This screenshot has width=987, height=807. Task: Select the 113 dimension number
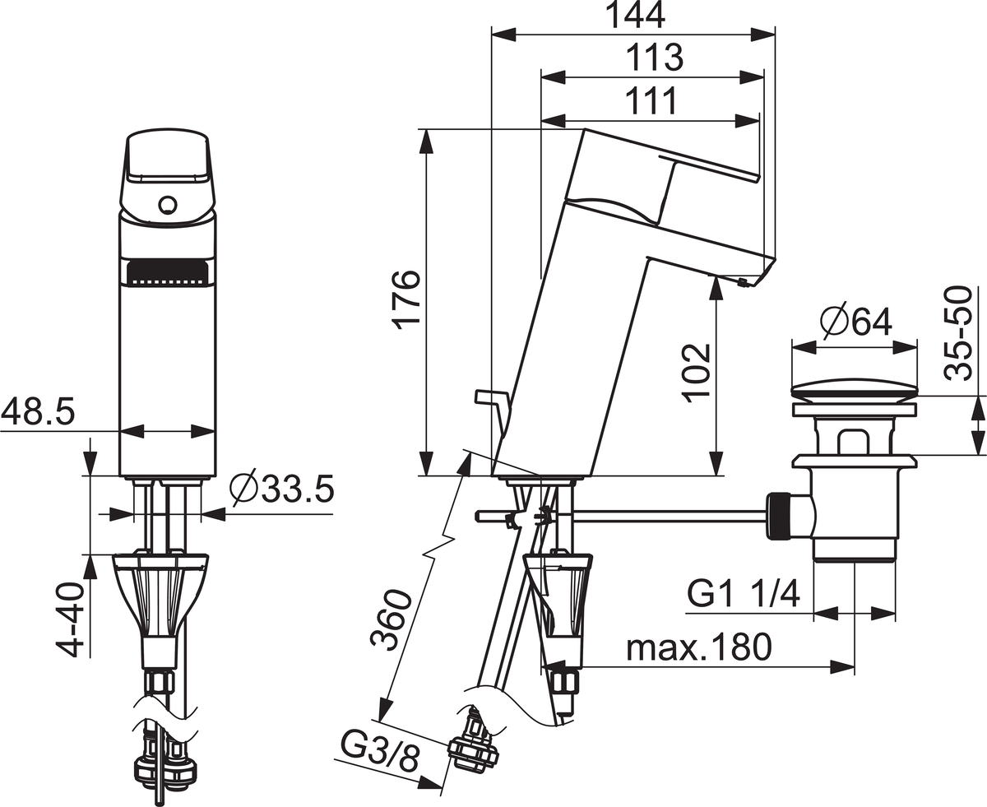654,58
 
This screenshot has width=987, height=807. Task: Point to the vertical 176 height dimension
406,299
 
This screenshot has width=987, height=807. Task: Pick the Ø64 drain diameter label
856,322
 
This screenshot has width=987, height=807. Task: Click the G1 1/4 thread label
744,594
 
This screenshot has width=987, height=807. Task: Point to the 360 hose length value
392,620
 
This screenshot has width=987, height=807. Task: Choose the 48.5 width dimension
38,413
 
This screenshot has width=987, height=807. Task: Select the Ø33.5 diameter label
282,489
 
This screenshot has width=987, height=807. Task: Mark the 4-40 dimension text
70,620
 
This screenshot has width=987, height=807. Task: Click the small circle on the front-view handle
167,205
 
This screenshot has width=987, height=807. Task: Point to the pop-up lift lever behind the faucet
493,406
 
